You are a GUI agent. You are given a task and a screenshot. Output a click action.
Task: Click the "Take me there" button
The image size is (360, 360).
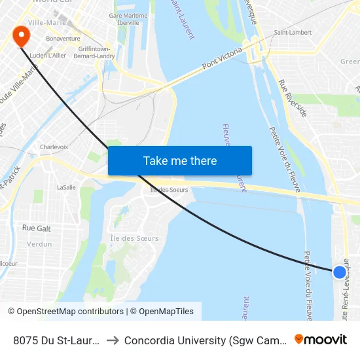tap(180, 161)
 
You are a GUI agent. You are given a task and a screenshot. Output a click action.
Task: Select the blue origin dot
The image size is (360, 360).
tap(339, 272)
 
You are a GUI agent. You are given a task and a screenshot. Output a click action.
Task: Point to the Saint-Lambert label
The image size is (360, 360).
tap(292, 32)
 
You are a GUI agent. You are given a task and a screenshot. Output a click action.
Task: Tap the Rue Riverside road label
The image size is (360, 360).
tap(293, 98)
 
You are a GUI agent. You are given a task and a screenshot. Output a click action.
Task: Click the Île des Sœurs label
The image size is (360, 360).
tap(134, 238)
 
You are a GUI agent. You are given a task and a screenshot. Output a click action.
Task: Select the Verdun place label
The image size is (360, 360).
tap(39, 244)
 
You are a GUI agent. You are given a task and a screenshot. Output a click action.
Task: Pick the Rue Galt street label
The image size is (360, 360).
tap(37, 228)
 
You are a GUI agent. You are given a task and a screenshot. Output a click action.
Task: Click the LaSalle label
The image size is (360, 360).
tap(66, 187)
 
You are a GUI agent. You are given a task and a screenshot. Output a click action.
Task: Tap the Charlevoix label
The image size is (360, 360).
tap(54, 147)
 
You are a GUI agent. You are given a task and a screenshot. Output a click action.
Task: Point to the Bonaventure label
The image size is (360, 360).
tap(63, 39)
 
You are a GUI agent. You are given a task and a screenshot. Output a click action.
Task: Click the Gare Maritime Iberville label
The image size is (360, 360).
tap(124, 19)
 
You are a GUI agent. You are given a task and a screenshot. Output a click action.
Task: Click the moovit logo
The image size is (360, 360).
tap(321, 339)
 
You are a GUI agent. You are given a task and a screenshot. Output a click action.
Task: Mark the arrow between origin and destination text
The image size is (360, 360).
tap(112, 340)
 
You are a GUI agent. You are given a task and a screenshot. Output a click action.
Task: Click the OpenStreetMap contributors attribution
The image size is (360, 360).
tap(65, 312)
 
